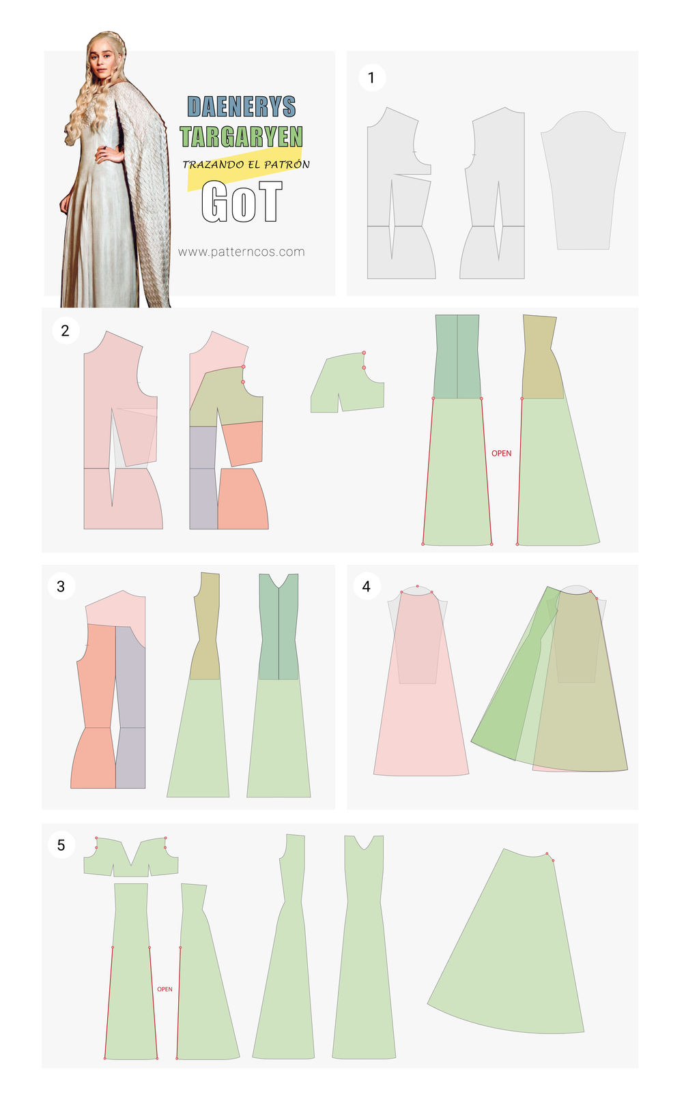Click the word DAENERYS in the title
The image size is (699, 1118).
[242, 106]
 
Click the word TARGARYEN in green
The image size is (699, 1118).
[242, 136]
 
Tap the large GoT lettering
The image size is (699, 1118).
[242, 201]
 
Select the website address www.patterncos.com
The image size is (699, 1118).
[242, 252]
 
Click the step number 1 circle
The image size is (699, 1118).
[372, 77]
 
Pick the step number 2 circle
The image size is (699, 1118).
[66, 330]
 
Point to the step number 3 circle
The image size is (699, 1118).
[61, 586]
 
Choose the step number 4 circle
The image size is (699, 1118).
[367, 586]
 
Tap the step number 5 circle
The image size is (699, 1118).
[61, 845]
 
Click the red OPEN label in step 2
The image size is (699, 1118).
[501, 453]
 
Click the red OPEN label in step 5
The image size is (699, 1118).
[165, 988]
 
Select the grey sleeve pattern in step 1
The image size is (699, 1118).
[583, 180]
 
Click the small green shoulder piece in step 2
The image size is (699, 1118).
[347, 383]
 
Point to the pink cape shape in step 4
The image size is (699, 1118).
[420, 709]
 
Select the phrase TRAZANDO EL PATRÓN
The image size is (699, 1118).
[246, 164]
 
